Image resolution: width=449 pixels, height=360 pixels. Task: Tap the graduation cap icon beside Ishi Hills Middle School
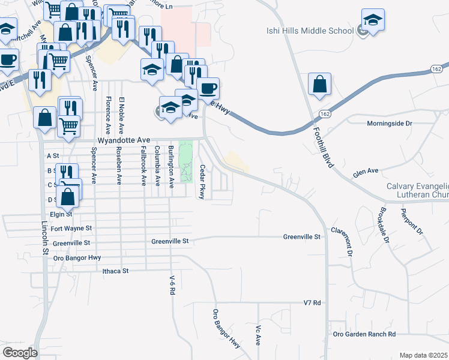click(373, 20)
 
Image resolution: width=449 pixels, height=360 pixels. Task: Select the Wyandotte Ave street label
click(123, 140)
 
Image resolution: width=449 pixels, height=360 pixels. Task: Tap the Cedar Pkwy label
click(203, 182)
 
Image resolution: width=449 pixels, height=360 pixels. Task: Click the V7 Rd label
click(313, 302)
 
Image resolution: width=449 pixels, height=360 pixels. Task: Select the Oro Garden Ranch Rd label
click(364, 334)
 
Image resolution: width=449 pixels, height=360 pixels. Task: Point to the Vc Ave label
click(258, 335)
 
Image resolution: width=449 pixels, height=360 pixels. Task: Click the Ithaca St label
click(116, 271)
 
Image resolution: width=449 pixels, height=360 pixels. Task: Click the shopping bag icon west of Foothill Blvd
click(319, 85)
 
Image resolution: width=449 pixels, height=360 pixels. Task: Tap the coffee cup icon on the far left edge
click(8, 60)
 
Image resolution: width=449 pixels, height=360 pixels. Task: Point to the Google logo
click(20, 353)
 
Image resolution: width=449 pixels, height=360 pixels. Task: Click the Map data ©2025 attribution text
click(423, 355)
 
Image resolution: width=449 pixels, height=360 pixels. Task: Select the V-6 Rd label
click(172, 283)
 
